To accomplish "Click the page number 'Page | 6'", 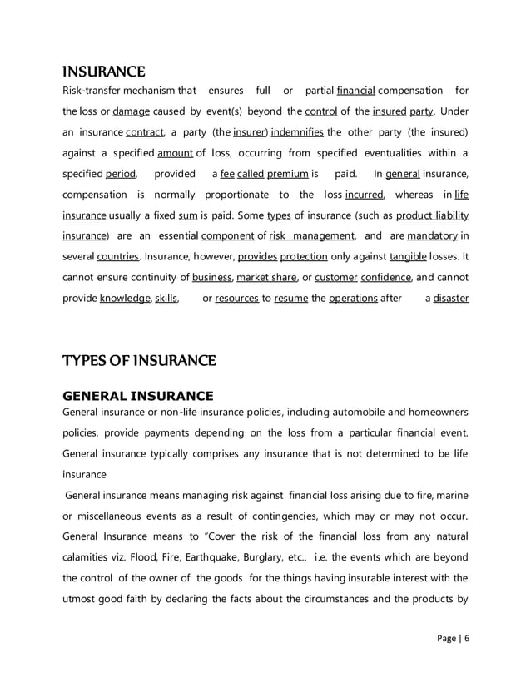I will pos(453,638).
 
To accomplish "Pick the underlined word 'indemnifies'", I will pos(298,132).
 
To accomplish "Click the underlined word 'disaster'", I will pos(451,299).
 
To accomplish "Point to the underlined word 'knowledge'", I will pos(125,299).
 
